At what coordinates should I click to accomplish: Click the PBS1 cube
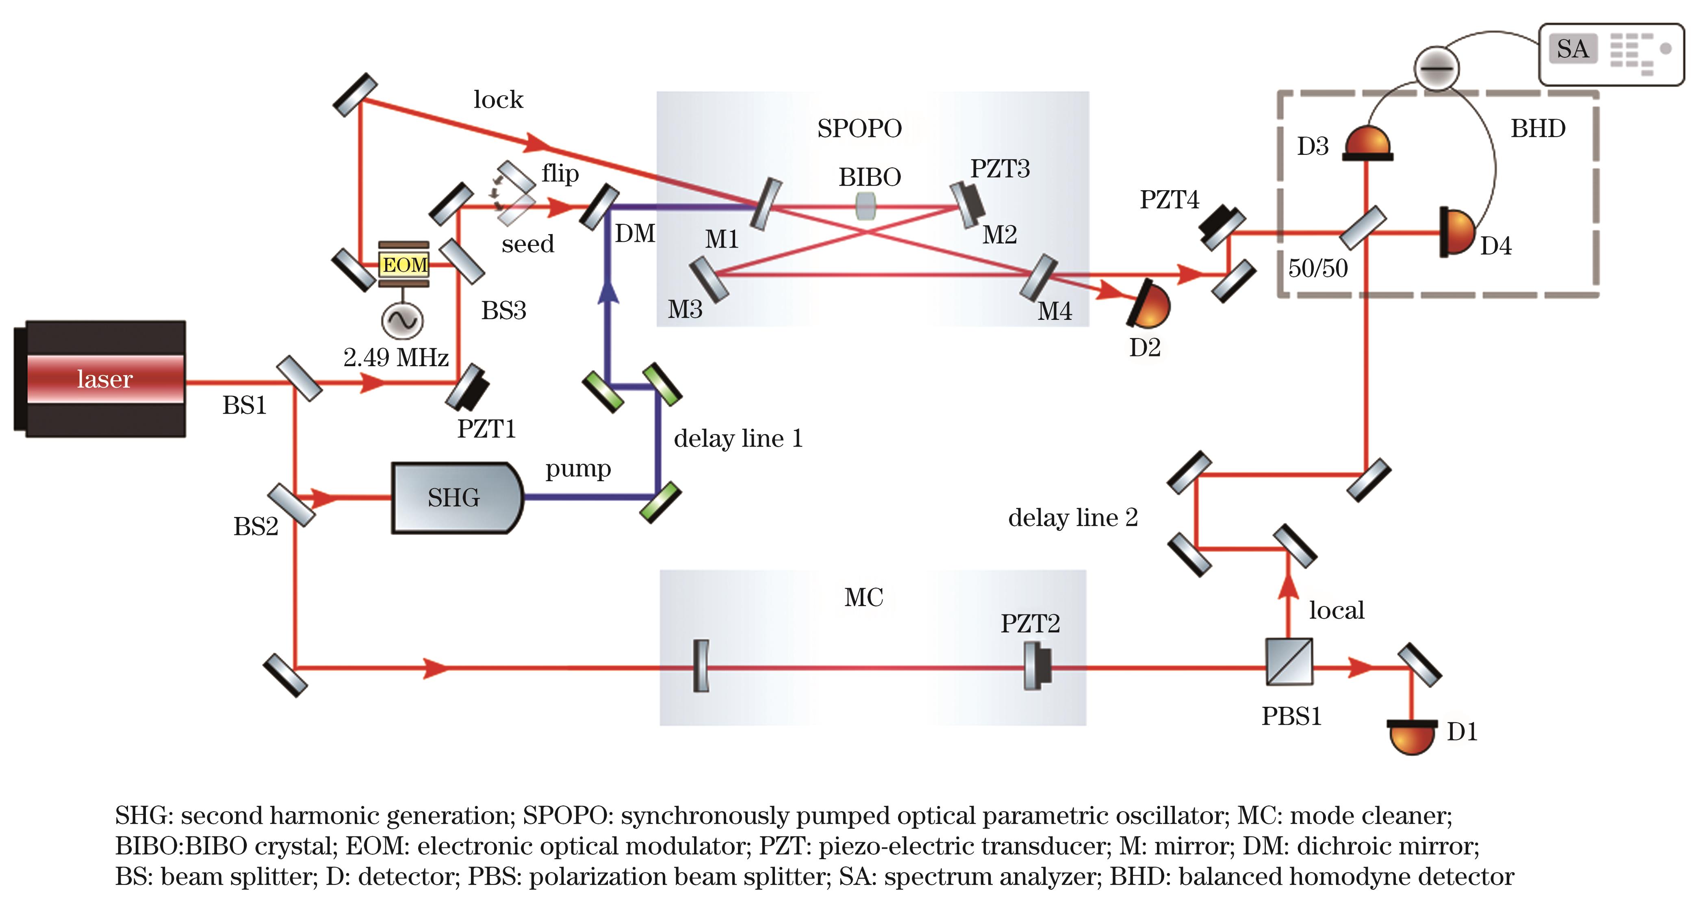(1289, 661)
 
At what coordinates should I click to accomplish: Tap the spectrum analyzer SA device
(1611, 54)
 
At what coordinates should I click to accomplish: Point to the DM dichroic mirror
(599, 207)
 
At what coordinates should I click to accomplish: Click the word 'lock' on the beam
(498, 100)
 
